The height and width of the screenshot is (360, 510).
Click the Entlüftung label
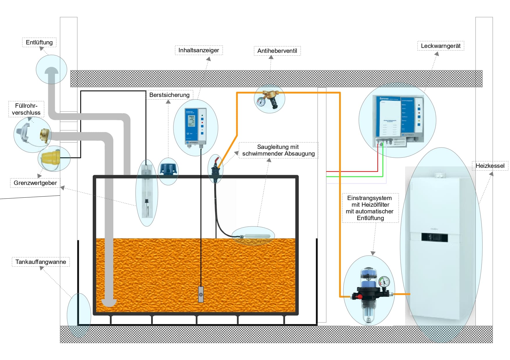coord(39,42)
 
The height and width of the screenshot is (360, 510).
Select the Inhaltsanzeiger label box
coord(199,50)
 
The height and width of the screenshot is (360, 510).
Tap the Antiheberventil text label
coord(277,51)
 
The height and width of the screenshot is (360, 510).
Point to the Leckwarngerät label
coord(441,46)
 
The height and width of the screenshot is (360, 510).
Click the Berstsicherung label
coord(169,95)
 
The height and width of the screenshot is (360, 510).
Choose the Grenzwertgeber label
coord(35,183)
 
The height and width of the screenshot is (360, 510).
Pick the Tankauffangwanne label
coord(41,262)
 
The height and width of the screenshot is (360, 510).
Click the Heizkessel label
coord(490,166)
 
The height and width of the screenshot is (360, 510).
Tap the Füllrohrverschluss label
coord(26,109)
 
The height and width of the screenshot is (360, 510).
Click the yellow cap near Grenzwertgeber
coord(51,158)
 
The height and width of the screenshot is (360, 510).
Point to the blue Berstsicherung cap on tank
coord(168,169)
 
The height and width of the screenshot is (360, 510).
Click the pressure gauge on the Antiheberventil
coord(261,102)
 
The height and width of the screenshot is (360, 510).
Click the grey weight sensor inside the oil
coord(201,294)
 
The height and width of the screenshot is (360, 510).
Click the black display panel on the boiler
coord(434,237)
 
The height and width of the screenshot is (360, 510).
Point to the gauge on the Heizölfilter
coord(384,281)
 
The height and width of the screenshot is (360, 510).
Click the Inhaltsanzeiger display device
coord(196,127)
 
